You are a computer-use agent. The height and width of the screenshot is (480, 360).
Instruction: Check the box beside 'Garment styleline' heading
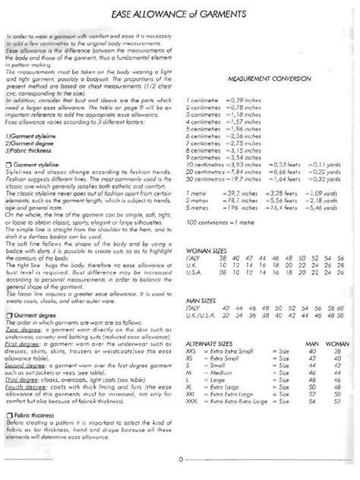(x=8, y=164)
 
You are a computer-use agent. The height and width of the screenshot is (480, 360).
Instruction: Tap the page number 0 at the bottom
(x=180, y=459)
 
